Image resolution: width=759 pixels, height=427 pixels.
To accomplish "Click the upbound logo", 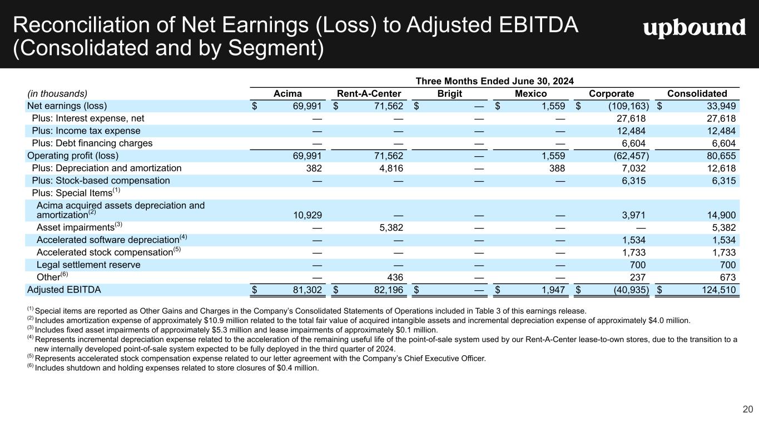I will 694,27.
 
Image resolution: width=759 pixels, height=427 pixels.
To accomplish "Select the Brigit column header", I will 450,93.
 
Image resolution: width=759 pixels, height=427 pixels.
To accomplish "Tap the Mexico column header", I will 530,93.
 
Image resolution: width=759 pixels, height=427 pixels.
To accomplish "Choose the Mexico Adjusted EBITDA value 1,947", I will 553,290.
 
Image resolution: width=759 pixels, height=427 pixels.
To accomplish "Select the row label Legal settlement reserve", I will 88,265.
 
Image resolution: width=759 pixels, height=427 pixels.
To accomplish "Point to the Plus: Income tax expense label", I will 86,131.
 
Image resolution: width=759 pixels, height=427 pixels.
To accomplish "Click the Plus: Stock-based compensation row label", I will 101,180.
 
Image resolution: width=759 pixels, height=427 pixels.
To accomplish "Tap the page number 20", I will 747,410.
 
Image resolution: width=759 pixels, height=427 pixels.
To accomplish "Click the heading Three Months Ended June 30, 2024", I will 495,81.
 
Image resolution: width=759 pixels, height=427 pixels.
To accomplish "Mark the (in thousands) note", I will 57,93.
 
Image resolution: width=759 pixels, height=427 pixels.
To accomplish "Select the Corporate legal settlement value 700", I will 638,265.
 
